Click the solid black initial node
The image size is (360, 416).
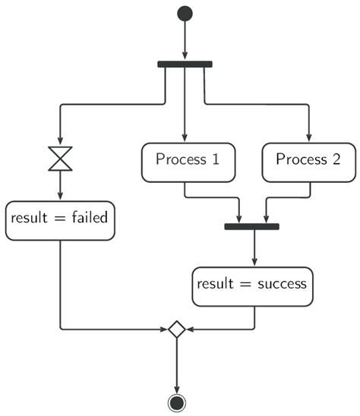[x=185, y=13]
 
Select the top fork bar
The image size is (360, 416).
[x=185, y=64]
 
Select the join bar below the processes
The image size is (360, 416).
[x=252, y=226]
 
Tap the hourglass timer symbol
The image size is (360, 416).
[x=59, y=159]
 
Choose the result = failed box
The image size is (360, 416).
[x=59, y=219]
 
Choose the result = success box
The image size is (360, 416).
[x=252, y=285]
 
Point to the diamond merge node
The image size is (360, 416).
[x=177, y=329]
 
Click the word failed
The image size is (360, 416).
[x=89, y=219]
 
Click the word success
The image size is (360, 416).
[x=280, y=285]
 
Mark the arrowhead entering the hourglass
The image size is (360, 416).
[x=59, y=141]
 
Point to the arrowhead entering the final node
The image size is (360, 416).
[x=177, y=388]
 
